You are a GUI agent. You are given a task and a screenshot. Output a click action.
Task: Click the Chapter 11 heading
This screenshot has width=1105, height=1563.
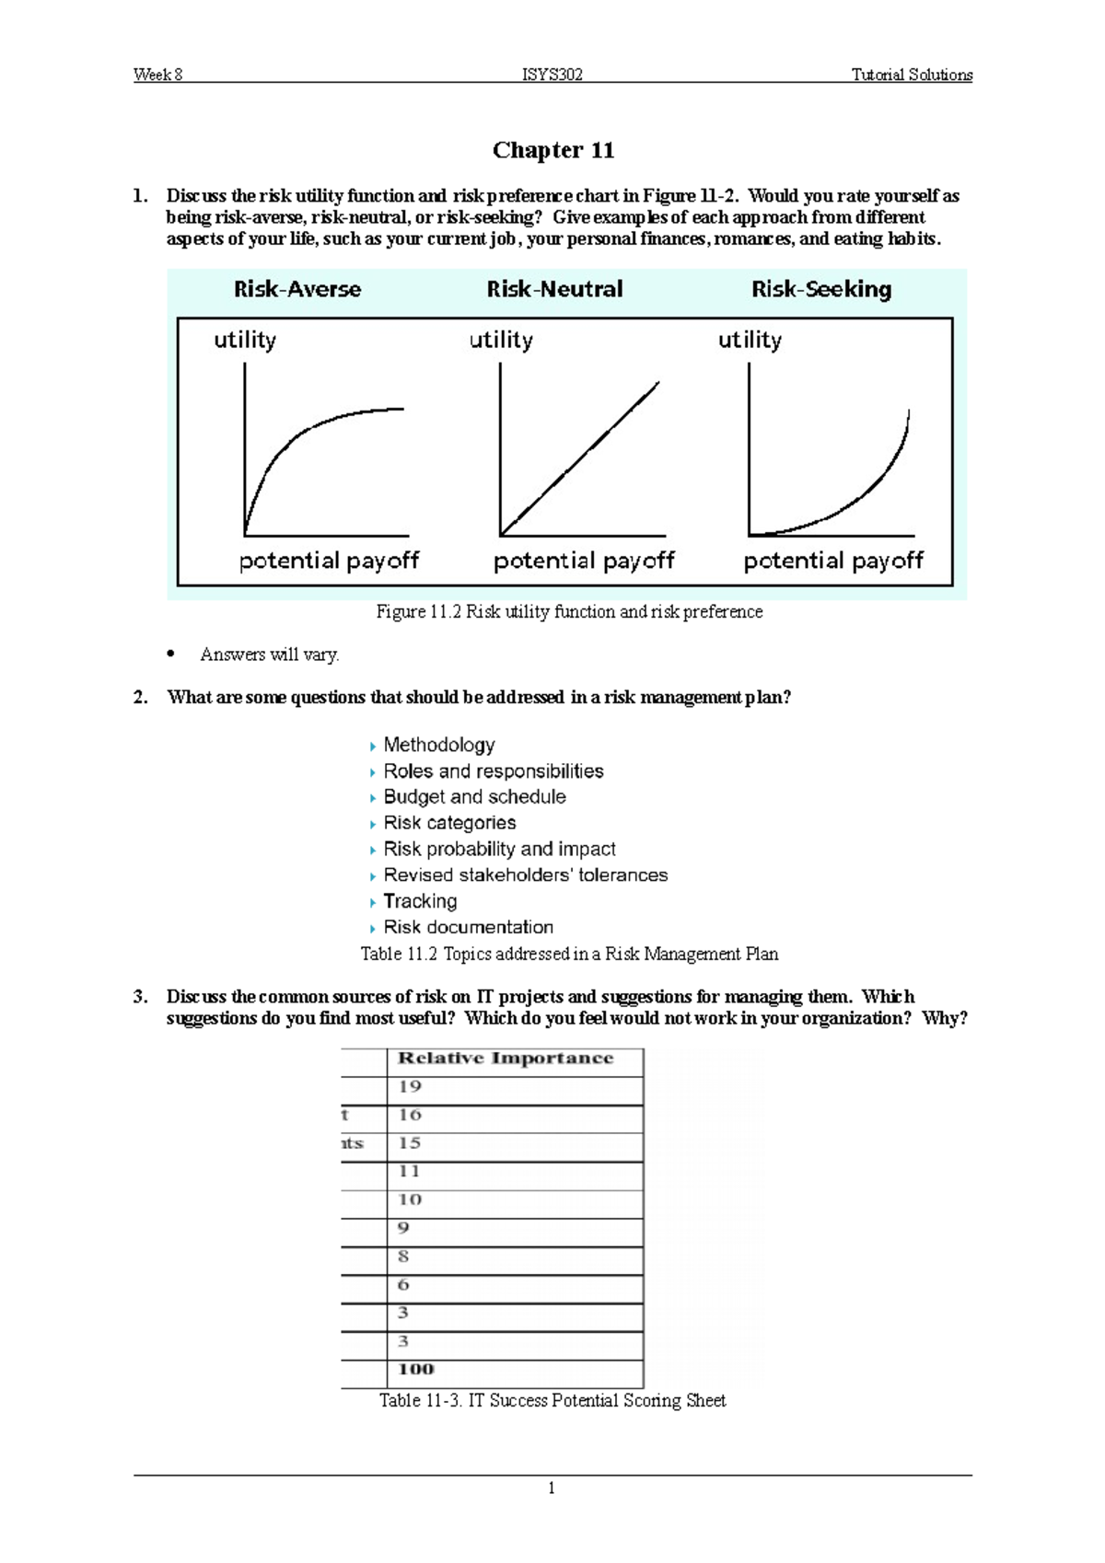click(552, 150)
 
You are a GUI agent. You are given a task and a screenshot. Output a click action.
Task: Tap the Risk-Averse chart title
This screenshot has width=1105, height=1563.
click(297, 289)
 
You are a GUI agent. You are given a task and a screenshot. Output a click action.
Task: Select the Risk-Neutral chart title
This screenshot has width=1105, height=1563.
click(554, 289)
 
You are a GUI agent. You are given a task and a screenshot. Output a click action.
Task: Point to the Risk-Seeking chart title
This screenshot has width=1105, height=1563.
click(820, 289)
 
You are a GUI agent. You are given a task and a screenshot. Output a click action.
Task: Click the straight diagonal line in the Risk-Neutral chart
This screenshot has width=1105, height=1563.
click(580, 458)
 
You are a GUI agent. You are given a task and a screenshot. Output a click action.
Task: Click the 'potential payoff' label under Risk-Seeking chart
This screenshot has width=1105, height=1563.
click(832, 561)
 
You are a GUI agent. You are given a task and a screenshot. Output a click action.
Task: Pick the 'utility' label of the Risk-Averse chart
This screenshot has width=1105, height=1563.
click(245, 340)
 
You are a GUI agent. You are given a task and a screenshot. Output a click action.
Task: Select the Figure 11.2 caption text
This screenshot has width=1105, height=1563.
click(569, 612)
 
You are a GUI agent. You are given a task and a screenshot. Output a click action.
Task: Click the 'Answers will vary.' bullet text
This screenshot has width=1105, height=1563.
click(269, 654)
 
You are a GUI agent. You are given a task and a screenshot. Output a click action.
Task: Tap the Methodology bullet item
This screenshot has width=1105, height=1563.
click(438, 745)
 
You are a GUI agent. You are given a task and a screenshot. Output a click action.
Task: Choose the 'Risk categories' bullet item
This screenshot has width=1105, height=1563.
click(449, 823)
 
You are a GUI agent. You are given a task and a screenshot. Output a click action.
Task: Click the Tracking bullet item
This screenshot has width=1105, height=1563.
click(420, 901)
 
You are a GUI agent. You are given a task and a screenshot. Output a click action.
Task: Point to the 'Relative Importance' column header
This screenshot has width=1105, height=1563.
click(505, 1059)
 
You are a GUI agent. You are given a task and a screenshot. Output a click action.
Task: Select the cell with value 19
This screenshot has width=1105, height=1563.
click(410, 1087)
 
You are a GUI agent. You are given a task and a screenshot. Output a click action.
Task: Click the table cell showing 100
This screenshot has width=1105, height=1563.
click(415, 1370)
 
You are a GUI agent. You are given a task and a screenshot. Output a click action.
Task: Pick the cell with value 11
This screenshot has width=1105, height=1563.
click(410, 1172)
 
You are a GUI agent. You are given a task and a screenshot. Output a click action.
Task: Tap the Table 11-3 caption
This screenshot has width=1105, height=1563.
click(552, 1401)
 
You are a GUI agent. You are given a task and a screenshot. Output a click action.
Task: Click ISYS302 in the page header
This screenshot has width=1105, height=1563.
click(552, 75)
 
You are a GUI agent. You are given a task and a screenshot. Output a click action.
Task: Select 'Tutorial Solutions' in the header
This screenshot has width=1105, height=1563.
click(911, 75)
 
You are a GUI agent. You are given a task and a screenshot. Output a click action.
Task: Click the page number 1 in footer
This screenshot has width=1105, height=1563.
click(551, 1488)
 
